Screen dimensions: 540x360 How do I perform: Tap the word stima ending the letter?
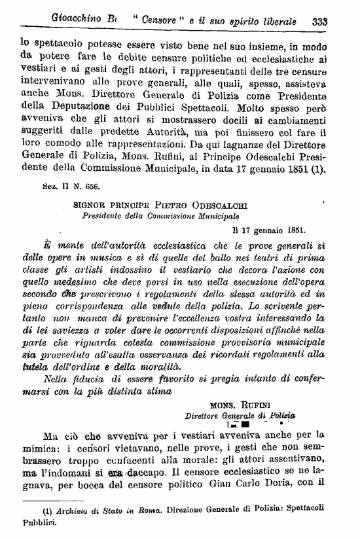click(x=153, y=393)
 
